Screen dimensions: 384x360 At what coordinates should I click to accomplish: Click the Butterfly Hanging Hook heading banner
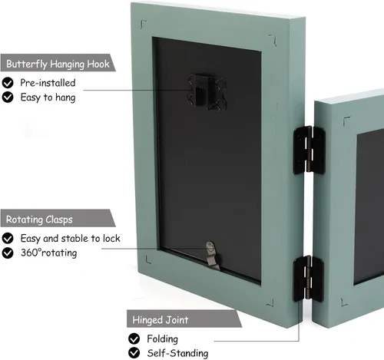[x=58, y=63]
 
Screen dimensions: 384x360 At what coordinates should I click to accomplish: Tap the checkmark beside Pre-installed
[x=8, y=83]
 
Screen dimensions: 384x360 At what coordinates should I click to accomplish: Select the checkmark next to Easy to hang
[x=8, y=97]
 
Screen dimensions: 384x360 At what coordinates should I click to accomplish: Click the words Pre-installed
[x=48, y=83]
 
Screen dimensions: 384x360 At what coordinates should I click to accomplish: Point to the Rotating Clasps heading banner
[x=58, y=218]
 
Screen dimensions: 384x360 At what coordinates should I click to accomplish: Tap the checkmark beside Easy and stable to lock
[x=8, y=239]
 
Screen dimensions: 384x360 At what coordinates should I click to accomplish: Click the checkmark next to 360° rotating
[x=8, y=253]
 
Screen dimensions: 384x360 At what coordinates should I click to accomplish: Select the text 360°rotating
[x=48, y=253]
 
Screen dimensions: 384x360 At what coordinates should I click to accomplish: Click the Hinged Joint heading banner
[x=184, y=319]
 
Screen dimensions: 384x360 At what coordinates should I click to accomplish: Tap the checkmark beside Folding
[x=134, y=339]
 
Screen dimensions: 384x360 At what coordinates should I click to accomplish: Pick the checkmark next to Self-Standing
[x=134, y=353]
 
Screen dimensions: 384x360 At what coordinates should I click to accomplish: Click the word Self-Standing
[x=177, y=353]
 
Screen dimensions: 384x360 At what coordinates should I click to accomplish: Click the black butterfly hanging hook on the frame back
[x=207, y=92]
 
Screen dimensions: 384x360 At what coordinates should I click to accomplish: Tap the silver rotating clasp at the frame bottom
[x=213, y=256]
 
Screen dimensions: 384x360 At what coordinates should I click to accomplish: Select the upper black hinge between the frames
[x=310, y=150]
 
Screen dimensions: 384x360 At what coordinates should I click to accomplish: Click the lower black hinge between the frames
[x=309, y=279]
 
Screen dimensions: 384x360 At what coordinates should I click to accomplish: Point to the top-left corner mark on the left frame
[x=143, y=23]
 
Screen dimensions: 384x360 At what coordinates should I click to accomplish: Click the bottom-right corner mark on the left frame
[x=270, y=303]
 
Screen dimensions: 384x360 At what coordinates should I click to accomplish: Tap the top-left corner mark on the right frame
[x=346, y=119]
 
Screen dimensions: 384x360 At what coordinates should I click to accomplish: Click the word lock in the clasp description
[x=111, y=239]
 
